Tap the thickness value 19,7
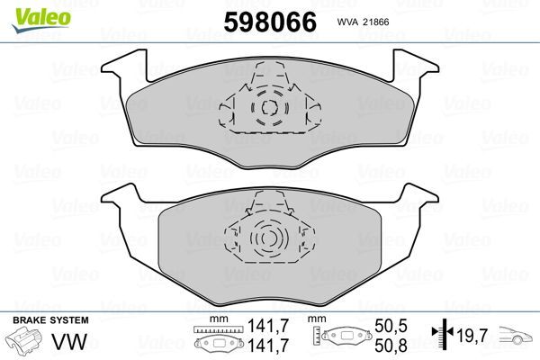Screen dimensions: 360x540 point(473,337)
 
